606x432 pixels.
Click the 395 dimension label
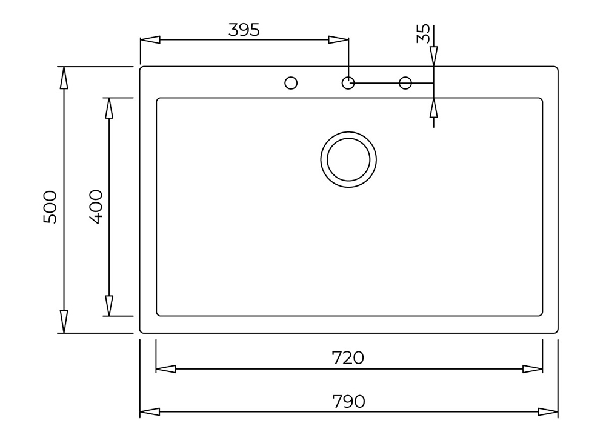(x=244, y=29)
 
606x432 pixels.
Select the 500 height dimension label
(x=50, y=207)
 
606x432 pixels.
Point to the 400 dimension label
(x=96, y=207)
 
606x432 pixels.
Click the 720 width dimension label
(x=348, y=358)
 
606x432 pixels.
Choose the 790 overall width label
(x=348, y=401)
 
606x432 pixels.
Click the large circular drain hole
(x=348, y=158)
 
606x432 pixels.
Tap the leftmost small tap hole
(x=291, y=82)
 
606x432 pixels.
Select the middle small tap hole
(x=348, y=82)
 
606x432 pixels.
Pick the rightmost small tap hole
(x=405, y=82)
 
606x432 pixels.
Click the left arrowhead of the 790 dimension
(x=150, y=412)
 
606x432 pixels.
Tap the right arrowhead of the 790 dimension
(x=548, y=412)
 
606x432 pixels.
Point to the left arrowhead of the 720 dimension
(x=166, y=369)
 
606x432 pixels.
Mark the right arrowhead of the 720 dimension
(x=532, y=369)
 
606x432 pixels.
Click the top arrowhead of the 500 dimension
(x=64, y=77)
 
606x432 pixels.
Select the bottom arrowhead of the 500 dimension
(x=64, y=322)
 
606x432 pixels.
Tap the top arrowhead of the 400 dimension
(x=109, y=108)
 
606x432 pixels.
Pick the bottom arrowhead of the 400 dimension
(x=109, y=305)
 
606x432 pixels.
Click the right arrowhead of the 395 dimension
(x=338, y=40)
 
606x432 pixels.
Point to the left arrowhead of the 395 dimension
(x=150, y=40)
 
